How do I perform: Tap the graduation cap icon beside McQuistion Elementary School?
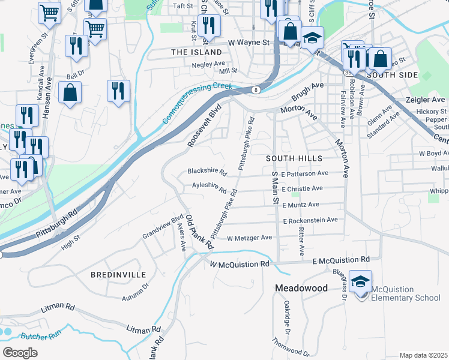click(x=360, y=281)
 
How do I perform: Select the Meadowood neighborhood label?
click(x=301, y=288)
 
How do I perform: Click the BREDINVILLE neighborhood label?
click(x=118, y=274)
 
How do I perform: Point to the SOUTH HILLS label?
click(x=294, y=158)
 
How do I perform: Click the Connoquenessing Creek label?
click(x=197, y=103)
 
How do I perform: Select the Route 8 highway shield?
click(x=256, y=90)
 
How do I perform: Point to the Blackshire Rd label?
click(x=206, y=172)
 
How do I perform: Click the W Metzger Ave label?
click(x=250, y=238)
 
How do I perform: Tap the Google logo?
click(x=20, y=353)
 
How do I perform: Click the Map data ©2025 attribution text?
click(x=423, y=355)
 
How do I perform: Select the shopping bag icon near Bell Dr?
click(x=70, y=93)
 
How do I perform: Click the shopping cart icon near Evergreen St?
click(x=49, y=12)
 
